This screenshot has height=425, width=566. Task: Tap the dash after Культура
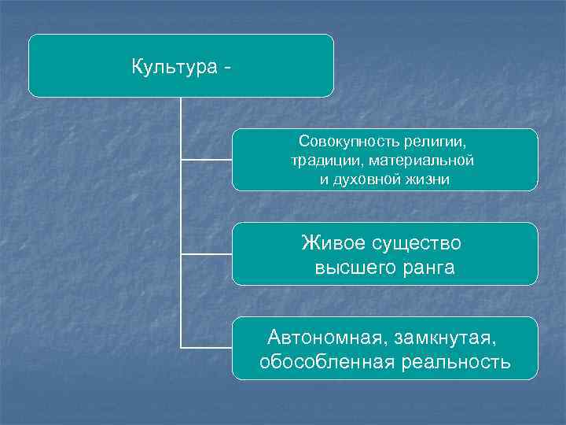point(227,68)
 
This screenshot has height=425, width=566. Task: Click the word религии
point(435,142)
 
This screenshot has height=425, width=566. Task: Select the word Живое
point(333,243)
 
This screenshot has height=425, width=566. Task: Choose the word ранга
point(427,268)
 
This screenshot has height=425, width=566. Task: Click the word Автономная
point(323,338)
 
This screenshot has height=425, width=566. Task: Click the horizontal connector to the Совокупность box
point(206,160)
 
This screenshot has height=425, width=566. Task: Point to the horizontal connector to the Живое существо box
point(206,253)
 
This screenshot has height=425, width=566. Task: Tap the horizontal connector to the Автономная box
point(206,347)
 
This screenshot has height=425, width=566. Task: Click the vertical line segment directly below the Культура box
point(181,126)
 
